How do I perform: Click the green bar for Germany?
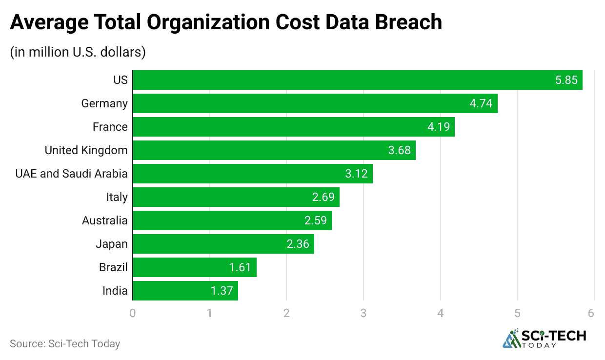315,103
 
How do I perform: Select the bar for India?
185,291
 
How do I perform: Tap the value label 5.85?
566,80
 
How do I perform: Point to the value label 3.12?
356,174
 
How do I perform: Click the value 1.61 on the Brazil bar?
240,267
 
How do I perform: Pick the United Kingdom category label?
86,150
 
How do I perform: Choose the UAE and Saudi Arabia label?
71,174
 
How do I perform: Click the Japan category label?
111,244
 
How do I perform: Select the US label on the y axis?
120,80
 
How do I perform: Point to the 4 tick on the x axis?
441,313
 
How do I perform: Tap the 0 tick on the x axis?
133,313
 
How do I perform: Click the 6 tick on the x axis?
591,313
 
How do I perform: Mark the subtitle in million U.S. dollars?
78,52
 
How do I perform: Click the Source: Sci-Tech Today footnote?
65,343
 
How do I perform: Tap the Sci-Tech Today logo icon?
511,339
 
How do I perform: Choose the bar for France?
293,127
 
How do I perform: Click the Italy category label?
117,197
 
